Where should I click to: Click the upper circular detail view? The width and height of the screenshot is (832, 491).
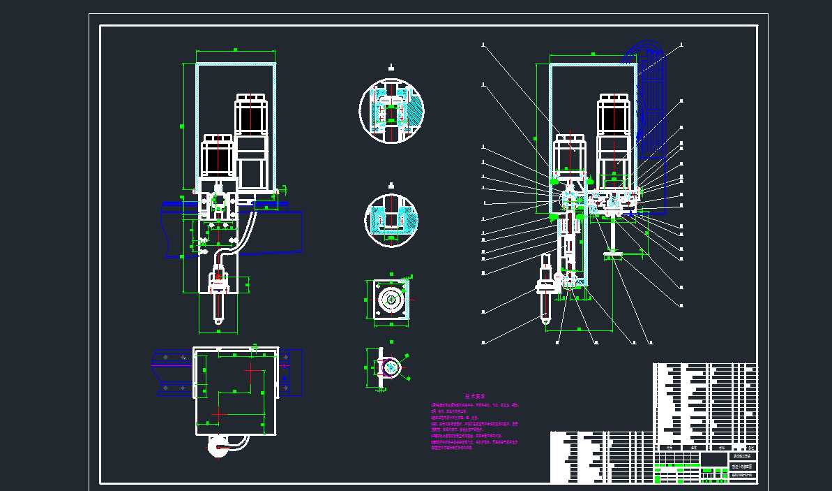[391, 112]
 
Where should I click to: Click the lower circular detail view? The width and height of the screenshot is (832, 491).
[391, 220]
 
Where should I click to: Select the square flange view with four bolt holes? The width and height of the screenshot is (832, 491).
[391, 302]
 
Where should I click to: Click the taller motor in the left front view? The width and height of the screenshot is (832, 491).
[250, 140]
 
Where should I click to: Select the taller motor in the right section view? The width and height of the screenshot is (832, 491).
[614, 136]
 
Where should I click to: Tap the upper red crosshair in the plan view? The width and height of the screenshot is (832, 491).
[250, 372]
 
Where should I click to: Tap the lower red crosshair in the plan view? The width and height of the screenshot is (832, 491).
[219, 414]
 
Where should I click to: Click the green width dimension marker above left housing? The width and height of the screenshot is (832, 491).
[236, 50]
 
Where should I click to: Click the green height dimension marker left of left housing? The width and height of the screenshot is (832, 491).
[183, 126]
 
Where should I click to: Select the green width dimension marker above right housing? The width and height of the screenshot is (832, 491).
[592, 53]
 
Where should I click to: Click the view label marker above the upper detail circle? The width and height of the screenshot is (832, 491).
[391, 68]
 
